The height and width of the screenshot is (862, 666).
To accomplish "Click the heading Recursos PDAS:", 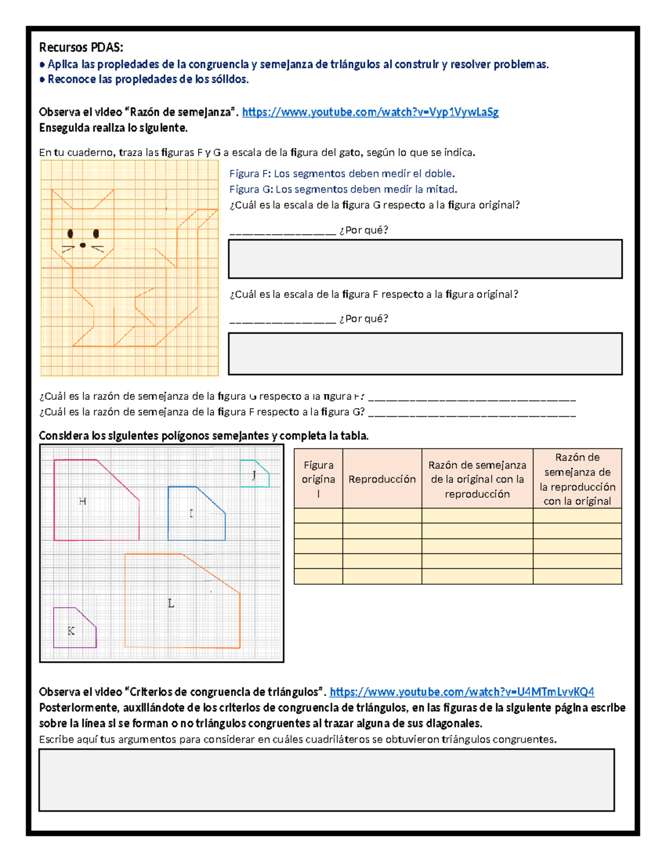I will [x=81, y=47].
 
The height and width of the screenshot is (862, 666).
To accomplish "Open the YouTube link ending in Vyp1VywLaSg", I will [x=370, y=112].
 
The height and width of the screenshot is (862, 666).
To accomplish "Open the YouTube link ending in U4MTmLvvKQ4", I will [x=462, y=692].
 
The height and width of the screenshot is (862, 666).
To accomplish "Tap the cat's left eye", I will [x=70, y=234].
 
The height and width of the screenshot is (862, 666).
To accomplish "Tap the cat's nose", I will [x=83, y=245].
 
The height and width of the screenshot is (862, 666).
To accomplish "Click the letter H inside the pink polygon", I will [x=83, y=501].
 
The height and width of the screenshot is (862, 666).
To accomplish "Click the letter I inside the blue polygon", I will [x=191, y=513].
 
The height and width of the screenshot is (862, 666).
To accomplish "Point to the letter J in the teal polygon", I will [x=254, y=475].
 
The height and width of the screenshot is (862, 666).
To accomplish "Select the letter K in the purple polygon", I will [x=71, y=631].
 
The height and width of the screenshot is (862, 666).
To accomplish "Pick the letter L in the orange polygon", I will [x=171, y=603].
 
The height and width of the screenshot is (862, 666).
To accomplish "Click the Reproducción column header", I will [x=382, y=479].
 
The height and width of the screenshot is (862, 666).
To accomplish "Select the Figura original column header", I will [x=318, y=479].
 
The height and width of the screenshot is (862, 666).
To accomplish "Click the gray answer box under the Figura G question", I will [x=425, y=259].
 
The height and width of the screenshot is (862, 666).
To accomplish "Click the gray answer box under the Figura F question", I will [x=425, y=354].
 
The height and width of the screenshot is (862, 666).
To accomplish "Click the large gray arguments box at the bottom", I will [x=326, y=780].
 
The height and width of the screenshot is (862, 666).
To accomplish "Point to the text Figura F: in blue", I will [x=250, y=174].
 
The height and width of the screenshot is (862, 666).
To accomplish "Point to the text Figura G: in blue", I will [x=251, y=189].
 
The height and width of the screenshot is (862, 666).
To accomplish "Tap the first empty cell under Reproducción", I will [x=382, y=516].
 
